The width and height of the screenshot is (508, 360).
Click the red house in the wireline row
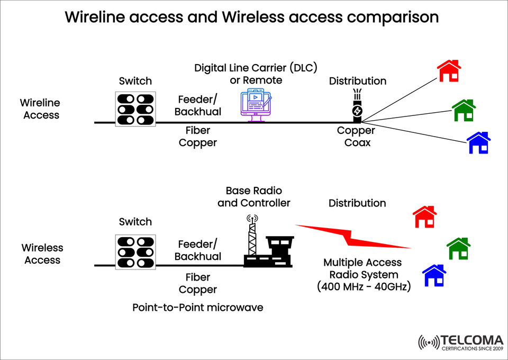click(449, 70)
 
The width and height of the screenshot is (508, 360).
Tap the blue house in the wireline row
click(478, 143)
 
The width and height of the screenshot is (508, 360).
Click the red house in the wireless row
click(424, 217)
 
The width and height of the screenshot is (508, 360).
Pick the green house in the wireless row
click(458, 248)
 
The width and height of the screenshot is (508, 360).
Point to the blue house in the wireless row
click(434, 275)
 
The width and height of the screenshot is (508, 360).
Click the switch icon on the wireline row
click(135, 110)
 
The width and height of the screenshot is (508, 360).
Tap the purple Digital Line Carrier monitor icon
click(256, 105)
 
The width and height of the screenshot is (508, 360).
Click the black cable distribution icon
click(358, 106)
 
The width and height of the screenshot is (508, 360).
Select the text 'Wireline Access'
click(41, 109)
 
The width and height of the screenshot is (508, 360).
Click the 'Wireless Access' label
click(42, 254)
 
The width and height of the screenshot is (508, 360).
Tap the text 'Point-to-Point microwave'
click(197, 308)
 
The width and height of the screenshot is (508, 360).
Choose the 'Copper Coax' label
click(356, 137)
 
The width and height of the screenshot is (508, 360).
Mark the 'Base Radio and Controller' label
click(254, 196)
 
